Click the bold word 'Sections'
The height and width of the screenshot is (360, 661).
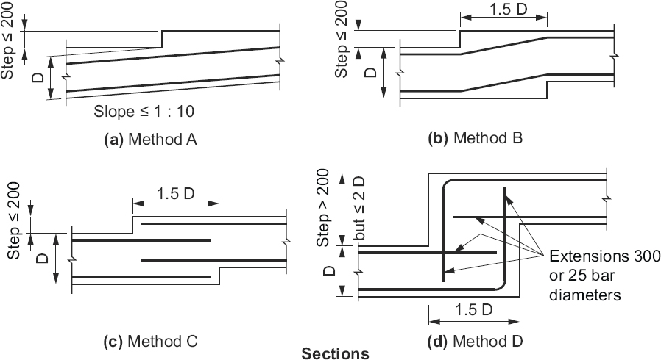coord(336,354)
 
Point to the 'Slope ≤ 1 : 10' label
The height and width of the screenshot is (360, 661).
coord(143,112)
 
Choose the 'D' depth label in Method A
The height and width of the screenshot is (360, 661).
coord(39,73)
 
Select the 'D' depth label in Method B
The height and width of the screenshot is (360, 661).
coord(371,72)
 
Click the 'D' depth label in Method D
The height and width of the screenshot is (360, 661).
coord(324,273)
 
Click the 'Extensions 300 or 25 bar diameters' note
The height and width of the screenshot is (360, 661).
coord(602,274)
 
